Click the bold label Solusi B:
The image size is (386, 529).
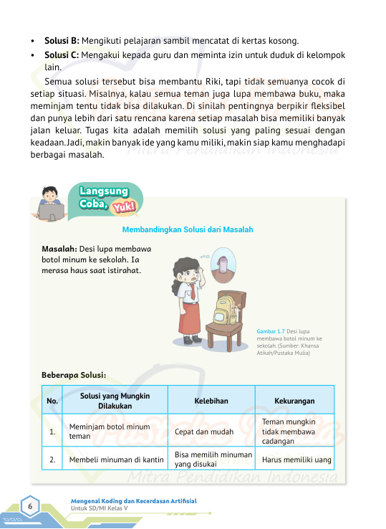(x=62, y=40)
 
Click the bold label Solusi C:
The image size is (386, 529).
(x=62, y=54)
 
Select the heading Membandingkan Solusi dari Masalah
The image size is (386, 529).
(x=188, y=229)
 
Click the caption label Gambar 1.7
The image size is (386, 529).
(x=270, y=331)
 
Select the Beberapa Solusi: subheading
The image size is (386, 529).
(x=74, y=374)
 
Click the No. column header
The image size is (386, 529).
(x=52, y=401)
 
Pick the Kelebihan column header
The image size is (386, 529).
(x=211, y=401)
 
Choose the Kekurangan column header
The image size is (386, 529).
(x=294, y=401)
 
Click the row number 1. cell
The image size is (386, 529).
(x=52, y=432)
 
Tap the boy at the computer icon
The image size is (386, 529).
(x=49, y=201)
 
